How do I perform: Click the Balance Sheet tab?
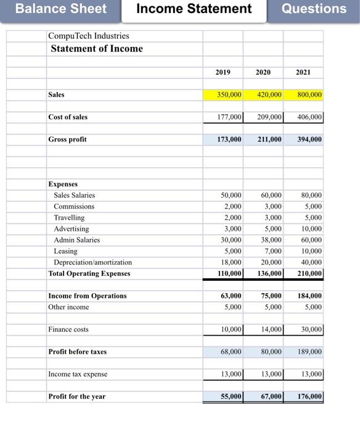click(60, 9)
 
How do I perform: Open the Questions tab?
click(314, 9)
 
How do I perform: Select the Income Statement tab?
click(194, 9)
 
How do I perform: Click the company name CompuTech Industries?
click(89, 36)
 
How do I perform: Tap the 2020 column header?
click(263, 72)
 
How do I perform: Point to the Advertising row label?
click(71, 229)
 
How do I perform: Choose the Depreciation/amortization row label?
click(92, 262)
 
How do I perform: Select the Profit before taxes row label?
click(77, 352)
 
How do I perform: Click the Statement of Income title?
click(96, 49)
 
